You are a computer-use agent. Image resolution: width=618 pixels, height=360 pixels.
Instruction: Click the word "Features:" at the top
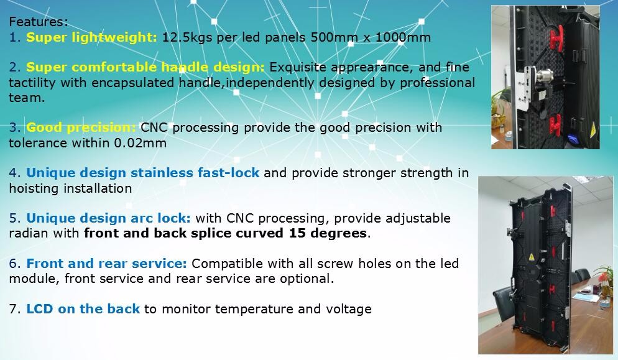(x=38, y=22)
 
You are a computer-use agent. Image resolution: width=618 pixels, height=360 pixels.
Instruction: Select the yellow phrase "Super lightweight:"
(x=91, y=37)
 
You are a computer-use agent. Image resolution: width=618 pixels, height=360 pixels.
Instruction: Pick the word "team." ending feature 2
(x=27, y=98)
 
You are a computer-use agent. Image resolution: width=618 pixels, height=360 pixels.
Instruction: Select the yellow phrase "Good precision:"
(x=81, y=127)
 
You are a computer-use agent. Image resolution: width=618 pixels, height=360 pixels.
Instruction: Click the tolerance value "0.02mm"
(x=141, y=143)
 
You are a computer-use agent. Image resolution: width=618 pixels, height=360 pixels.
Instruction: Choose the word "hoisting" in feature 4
(x=34, y=188)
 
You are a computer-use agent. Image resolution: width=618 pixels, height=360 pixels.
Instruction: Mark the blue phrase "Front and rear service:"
(x=106, y=264)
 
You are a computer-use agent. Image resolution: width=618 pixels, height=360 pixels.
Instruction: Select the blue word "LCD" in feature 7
(x=40, y=309)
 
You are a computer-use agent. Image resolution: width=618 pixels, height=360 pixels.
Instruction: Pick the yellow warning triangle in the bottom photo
(x=531, y=257)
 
